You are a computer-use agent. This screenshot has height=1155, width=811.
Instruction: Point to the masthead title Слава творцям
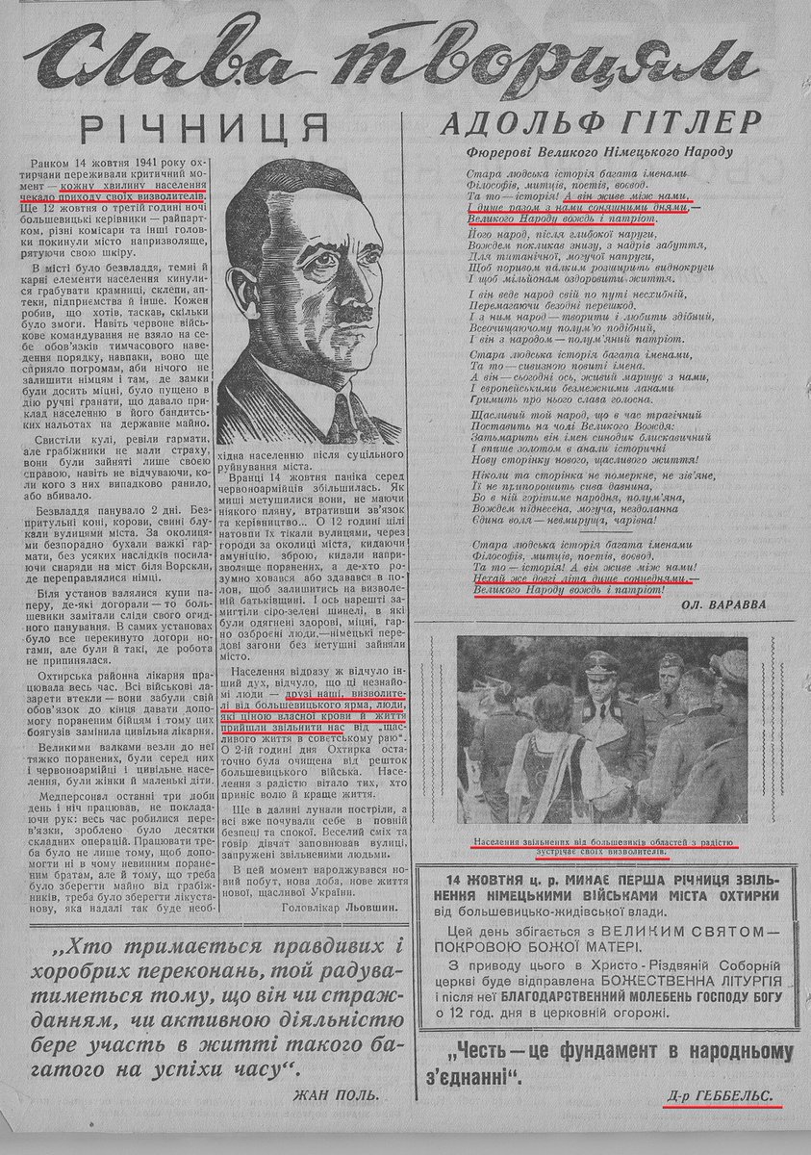click(404, 64)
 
